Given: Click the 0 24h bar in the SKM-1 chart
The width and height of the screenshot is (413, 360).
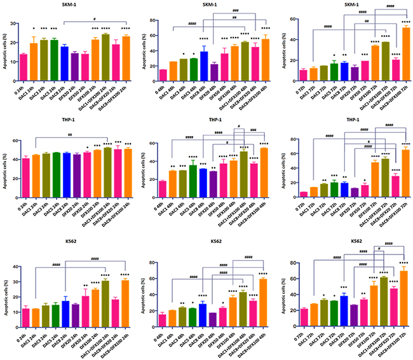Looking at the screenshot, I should [24, 65].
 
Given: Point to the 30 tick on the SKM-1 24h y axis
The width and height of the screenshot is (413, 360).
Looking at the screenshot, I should [12, 23].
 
